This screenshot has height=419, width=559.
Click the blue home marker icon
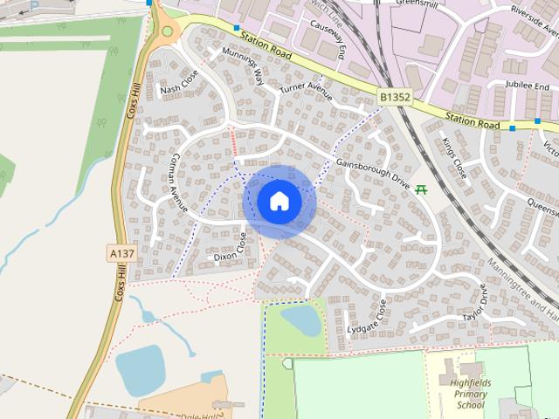pyautogui.click(x=279, y=201)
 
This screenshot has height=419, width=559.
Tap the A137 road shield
pyautogui.click(x=122, y=253)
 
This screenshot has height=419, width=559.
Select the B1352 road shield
pyautogui.click(x=394, y=93)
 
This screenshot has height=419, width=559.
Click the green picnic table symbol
pyautogui.click(x=422, y=188)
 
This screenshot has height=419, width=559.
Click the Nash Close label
pyautogui.click(x=180, y=83)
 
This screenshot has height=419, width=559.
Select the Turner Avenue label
pyautogui.click(x=306, y=89)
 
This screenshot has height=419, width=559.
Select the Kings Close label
pyautogui.click(x=455, y=157)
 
